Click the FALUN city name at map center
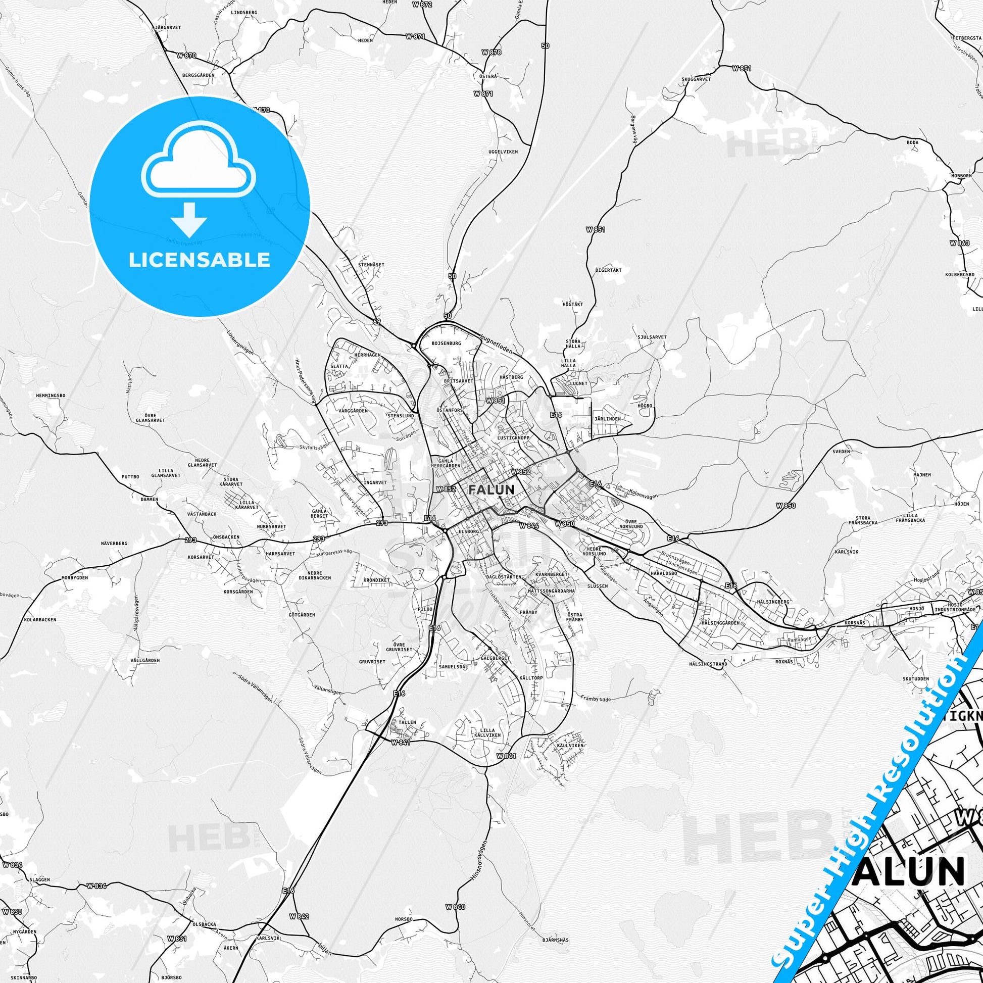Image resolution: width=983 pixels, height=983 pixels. pyautogui.click(x=491, y=489)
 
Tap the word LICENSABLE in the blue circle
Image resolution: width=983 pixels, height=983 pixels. pyautogui.click(x=199, y=259)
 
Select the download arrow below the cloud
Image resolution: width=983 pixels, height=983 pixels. pyautogui.click(x=188, y=219)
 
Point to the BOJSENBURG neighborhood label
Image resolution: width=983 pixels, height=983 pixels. pyautogui.click(x=446, y=343)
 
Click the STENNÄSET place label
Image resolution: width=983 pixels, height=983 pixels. pyautogui.click(x=371, y=265)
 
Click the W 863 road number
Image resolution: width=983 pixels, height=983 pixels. pyautogui.click(x=959, y=243)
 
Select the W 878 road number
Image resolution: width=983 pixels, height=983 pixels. pyautogui.click(x=491, y=52)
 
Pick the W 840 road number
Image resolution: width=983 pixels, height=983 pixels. pyautogui.click(x=455, y=864)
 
